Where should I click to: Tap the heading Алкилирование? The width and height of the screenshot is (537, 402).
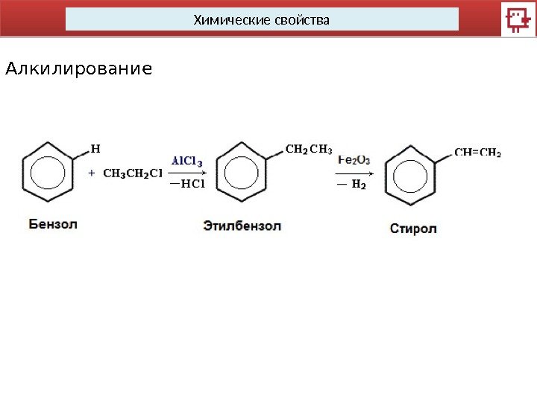pyautogui.click(x=78, y=70)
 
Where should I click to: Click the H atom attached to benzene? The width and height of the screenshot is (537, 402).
pyautogui.click(x=95, y=147)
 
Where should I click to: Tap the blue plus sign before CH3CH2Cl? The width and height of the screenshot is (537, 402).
pyautogui.click(x=92, y=173)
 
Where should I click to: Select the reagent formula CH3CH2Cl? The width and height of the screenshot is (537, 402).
pyautogui.click(x=132, y=174)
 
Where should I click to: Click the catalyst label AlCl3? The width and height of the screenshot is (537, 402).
pyautogui.click(x=186, y=160)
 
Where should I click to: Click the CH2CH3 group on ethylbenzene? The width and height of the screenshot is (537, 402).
pyautogui.click(x=309, y=149)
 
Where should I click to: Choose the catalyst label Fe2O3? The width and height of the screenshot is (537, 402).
pyautogui.click(x=354, y=160)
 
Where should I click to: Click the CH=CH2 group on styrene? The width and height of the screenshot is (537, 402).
pyautogui.click(x=477, y=153)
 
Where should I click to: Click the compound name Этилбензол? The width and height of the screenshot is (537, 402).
pyautogui.click(x=242, y=225)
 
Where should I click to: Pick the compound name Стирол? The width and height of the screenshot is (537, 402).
pyautogui.click(x=412, y=228)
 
